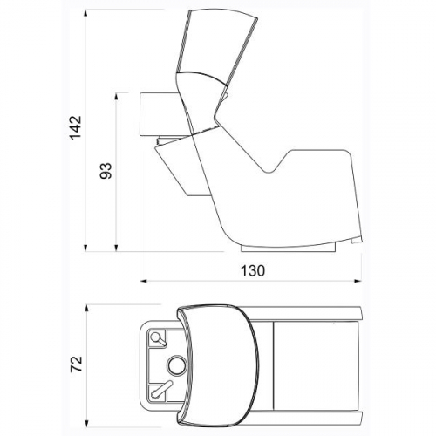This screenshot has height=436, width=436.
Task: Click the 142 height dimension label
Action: [x=76, y=127]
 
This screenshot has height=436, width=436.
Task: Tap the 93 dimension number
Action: [x=106, y=171]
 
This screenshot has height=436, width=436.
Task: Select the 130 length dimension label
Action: [x=253, y=271]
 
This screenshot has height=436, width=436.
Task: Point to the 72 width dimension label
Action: [x=77, y=364]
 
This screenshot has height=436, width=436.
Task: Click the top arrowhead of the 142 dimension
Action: [x=85, y=13]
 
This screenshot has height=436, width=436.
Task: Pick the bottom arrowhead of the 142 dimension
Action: [x=85, y=248]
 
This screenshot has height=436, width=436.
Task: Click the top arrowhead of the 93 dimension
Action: [x=116, y=97]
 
